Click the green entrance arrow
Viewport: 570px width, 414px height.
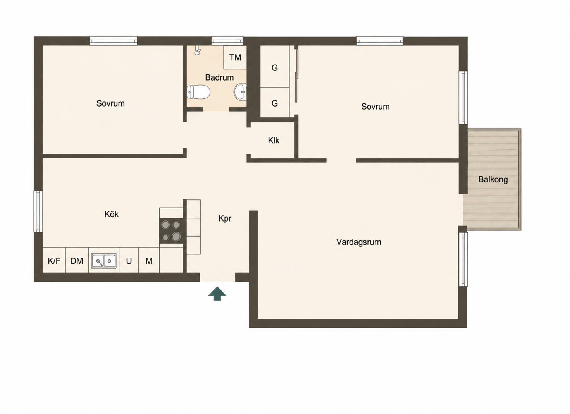pos(217,294)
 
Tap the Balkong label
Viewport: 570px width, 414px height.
pos(493,180)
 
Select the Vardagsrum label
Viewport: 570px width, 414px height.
pos(358,242)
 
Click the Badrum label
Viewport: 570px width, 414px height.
pos(219,77)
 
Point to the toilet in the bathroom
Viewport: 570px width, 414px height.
pos(198,92)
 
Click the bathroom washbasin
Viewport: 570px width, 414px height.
pos(241,91)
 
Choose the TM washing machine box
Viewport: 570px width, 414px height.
pos(235,57)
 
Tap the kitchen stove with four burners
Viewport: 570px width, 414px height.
pos(171,231)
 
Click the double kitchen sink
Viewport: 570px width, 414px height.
pos(104,261)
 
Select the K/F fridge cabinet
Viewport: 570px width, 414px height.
pos(54,260)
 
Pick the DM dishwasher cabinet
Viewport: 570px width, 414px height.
pos(77,260)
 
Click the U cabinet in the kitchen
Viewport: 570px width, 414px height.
pos(129,260)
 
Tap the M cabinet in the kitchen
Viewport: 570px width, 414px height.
pos(149,260)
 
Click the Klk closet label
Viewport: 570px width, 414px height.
pos(274,140)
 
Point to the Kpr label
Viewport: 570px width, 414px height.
pos(225,219)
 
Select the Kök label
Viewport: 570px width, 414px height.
pos(112,214)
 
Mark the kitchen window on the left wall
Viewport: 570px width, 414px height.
pos(38,211)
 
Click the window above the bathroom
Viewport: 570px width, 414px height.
pos(227,41)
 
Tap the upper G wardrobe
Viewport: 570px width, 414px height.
pos(275,67)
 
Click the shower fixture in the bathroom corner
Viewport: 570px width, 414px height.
pos(197,51)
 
